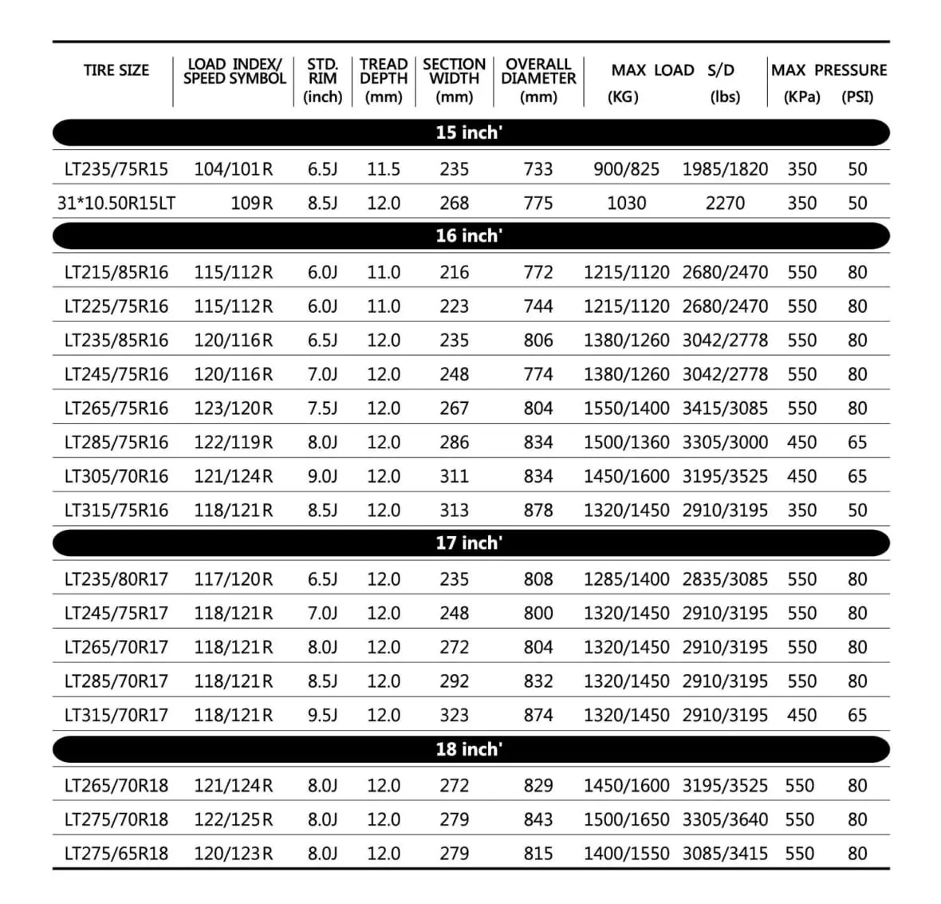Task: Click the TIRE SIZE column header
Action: tap(116, 70)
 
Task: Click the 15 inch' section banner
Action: tap(470, 132)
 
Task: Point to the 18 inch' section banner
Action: tap(470, 749)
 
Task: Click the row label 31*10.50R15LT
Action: tap(116, 203)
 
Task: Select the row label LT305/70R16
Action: tap(116, 476)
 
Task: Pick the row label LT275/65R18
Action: tap(116, 853)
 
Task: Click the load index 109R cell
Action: tap(251, 203)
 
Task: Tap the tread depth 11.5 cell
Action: tap(384, 169)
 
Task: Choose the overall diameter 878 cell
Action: tap(538, 510)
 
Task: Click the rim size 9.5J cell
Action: tap(323, 715)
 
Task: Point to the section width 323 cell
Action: tap(455, 715)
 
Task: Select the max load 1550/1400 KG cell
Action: tap(627, 409)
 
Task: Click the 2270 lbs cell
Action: tap(725, 203)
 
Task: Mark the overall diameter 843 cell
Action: tap(538, 819)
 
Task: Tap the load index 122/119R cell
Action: tap(233, 442)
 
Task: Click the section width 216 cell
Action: tap(455, 272)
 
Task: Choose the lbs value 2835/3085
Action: tap(725, 579)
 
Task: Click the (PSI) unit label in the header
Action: tap(857, 97)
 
